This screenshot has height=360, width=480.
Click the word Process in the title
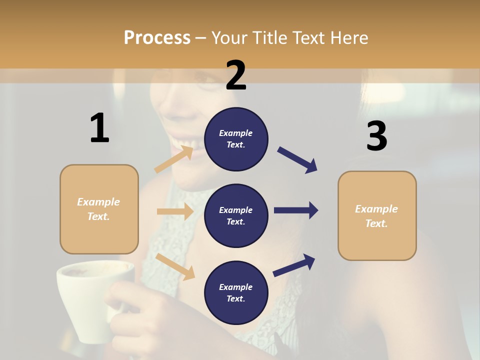tap(157, 37)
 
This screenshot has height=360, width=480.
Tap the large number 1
tap(99, 128)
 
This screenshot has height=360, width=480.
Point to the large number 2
tap(236, 75)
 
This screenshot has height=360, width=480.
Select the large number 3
tap(376, 136)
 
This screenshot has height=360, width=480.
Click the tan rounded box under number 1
tap(99, 235)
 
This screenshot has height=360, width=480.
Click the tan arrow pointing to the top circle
tap(174, 159)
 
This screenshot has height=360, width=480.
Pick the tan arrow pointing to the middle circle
tap(175, 211)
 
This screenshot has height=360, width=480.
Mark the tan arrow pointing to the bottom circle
tap(175, 266)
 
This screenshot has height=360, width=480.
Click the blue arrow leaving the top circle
tap(297, 160)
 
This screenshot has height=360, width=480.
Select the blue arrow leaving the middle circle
tap(296, 210)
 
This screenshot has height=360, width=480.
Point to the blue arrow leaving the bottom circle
tap(294, 265)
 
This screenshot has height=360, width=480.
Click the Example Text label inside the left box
tap(98, 209)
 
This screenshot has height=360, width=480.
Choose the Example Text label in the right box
tap(376, 216)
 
